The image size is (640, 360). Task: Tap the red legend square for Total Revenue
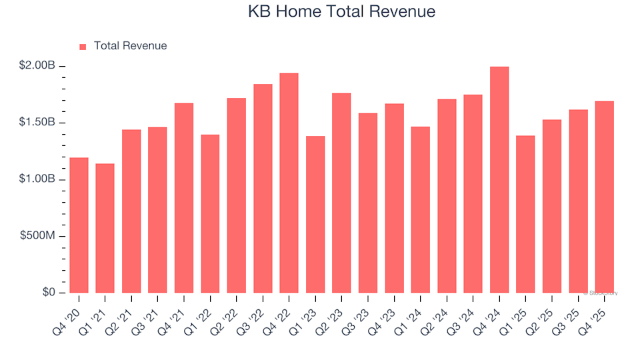[83, 47]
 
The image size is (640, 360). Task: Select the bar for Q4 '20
[79, 225]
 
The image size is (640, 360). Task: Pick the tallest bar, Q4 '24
[499, 180]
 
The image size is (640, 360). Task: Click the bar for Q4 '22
[289, 183]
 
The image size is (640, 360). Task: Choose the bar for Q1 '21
[105, 228]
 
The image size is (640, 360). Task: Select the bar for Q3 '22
[263, 189]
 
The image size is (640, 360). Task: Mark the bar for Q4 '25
[604, 197]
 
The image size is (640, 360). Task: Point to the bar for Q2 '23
[341, 193]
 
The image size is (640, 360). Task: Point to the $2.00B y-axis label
[37, 66]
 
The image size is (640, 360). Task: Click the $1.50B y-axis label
[37, 123]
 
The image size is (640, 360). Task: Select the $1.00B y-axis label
[37, 179]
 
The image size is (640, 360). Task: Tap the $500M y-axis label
[39, 236]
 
